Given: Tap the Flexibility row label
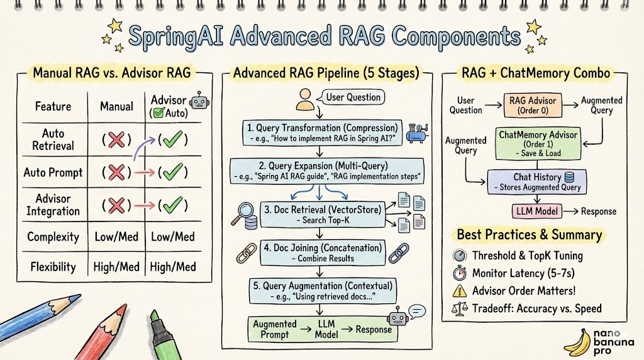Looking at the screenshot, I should click(x=53, y=266).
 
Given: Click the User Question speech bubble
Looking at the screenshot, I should click(x=352, y=98).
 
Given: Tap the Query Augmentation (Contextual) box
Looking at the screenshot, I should click(x=322, y=291).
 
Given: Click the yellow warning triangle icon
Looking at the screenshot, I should click(x=460, y=291).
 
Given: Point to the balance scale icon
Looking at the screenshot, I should click(x=460, y=308).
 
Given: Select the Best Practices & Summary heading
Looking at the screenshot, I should click(x=529, y=235).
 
